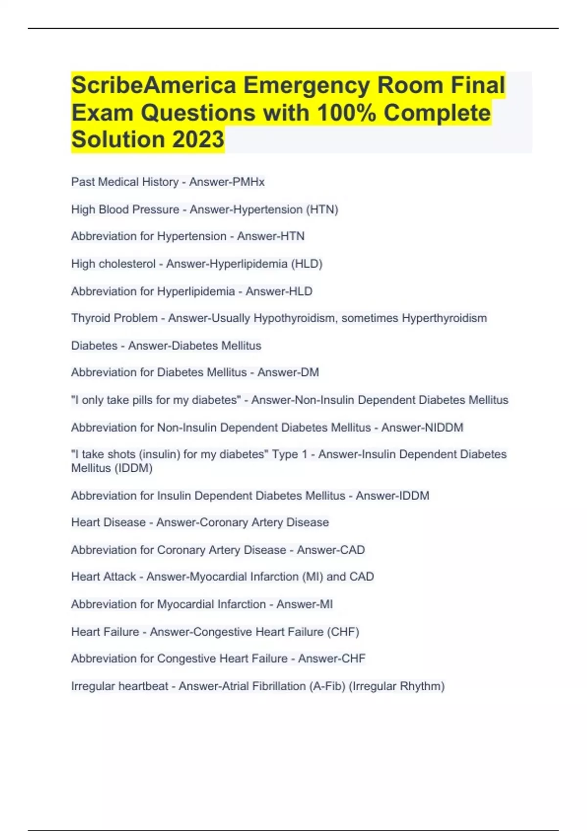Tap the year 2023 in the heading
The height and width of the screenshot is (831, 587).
[198, 139]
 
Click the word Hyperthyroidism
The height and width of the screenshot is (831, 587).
[444, 318]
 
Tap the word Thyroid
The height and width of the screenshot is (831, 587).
[90, 318]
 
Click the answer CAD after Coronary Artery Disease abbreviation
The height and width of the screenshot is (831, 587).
[352, 550]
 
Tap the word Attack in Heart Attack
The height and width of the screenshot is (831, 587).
[120, 577]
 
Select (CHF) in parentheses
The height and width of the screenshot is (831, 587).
[344, 632]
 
